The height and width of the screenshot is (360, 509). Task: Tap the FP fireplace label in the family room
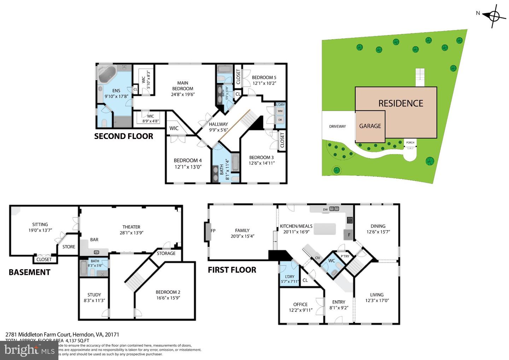[x=213, y=231]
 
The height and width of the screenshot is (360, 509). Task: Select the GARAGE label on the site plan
[x=370, y=126]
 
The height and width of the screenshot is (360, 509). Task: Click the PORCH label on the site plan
[x=410, y=143]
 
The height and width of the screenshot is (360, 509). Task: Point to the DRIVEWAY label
[x=337, y=126]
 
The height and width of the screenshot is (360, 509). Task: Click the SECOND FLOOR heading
[x=123, y=136]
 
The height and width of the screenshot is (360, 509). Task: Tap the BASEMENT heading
[x=29, y=272]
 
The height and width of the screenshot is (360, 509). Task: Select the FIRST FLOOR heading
[x=232, y=270]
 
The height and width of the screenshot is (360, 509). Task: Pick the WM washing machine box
[x=280, y=111]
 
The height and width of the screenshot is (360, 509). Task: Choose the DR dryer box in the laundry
[x=280, y=120]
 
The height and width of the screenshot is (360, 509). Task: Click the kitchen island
[x=324, y=229]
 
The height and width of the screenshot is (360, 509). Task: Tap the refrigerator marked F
[x=349, y=235]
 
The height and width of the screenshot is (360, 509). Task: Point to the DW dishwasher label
[x=325, y=209]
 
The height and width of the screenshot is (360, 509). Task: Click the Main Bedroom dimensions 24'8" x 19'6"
[x=183, y=94]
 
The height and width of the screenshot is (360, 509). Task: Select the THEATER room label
[x=131, y=227]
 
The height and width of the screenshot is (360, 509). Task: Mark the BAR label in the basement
[x=94, y=239]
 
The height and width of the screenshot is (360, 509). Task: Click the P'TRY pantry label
[x=345, y=256]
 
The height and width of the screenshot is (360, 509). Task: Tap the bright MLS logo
[x=28, y=350]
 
